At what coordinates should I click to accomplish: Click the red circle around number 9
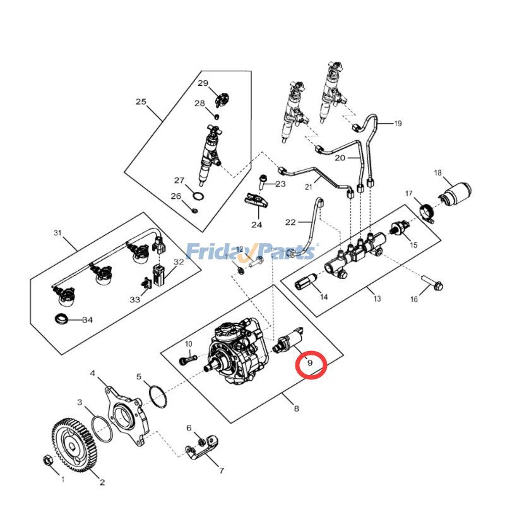coord(310,363)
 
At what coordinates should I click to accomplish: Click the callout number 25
coord(141,102)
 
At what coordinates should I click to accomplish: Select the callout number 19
coord(398,124)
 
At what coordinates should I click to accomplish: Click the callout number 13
coord(378,299)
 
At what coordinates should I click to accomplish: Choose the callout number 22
coord(290,222)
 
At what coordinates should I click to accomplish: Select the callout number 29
coord(203,83)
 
